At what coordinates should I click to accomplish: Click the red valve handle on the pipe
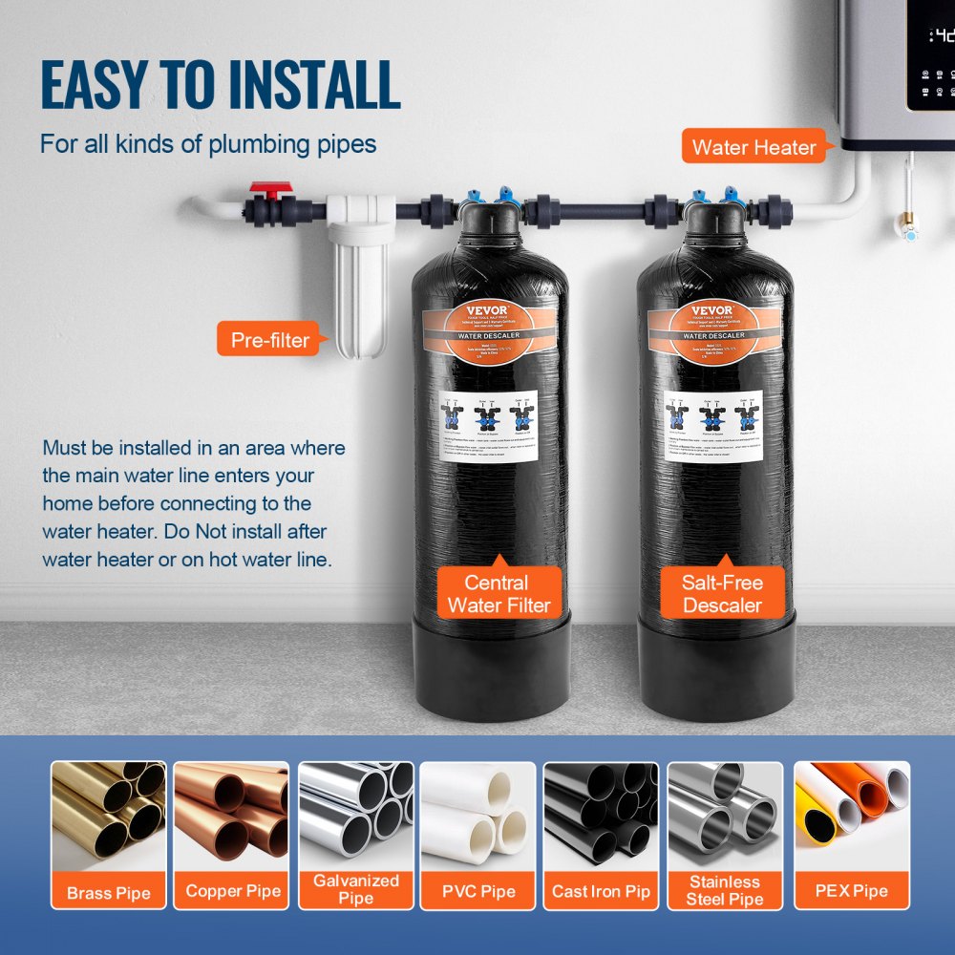(x=269, y=191)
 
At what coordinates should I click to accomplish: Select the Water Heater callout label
(x=753, y=147)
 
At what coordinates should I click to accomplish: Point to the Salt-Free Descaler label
(x=722, y=593)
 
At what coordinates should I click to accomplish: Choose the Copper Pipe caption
(x=233, y=891)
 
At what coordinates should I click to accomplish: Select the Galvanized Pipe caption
(x=356, y=889)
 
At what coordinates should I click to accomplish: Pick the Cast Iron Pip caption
(x=601, y=892)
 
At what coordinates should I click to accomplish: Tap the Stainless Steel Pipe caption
(x=725, y=890)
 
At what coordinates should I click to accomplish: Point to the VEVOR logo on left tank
(x=489, y=310)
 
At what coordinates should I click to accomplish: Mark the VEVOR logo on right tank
(x=714, y=310)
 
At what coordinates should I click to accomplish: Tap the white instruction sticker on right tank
(x=714, y=425)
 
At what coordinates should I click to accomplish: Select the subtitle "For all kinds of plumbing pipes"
(x=208, y=145)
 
